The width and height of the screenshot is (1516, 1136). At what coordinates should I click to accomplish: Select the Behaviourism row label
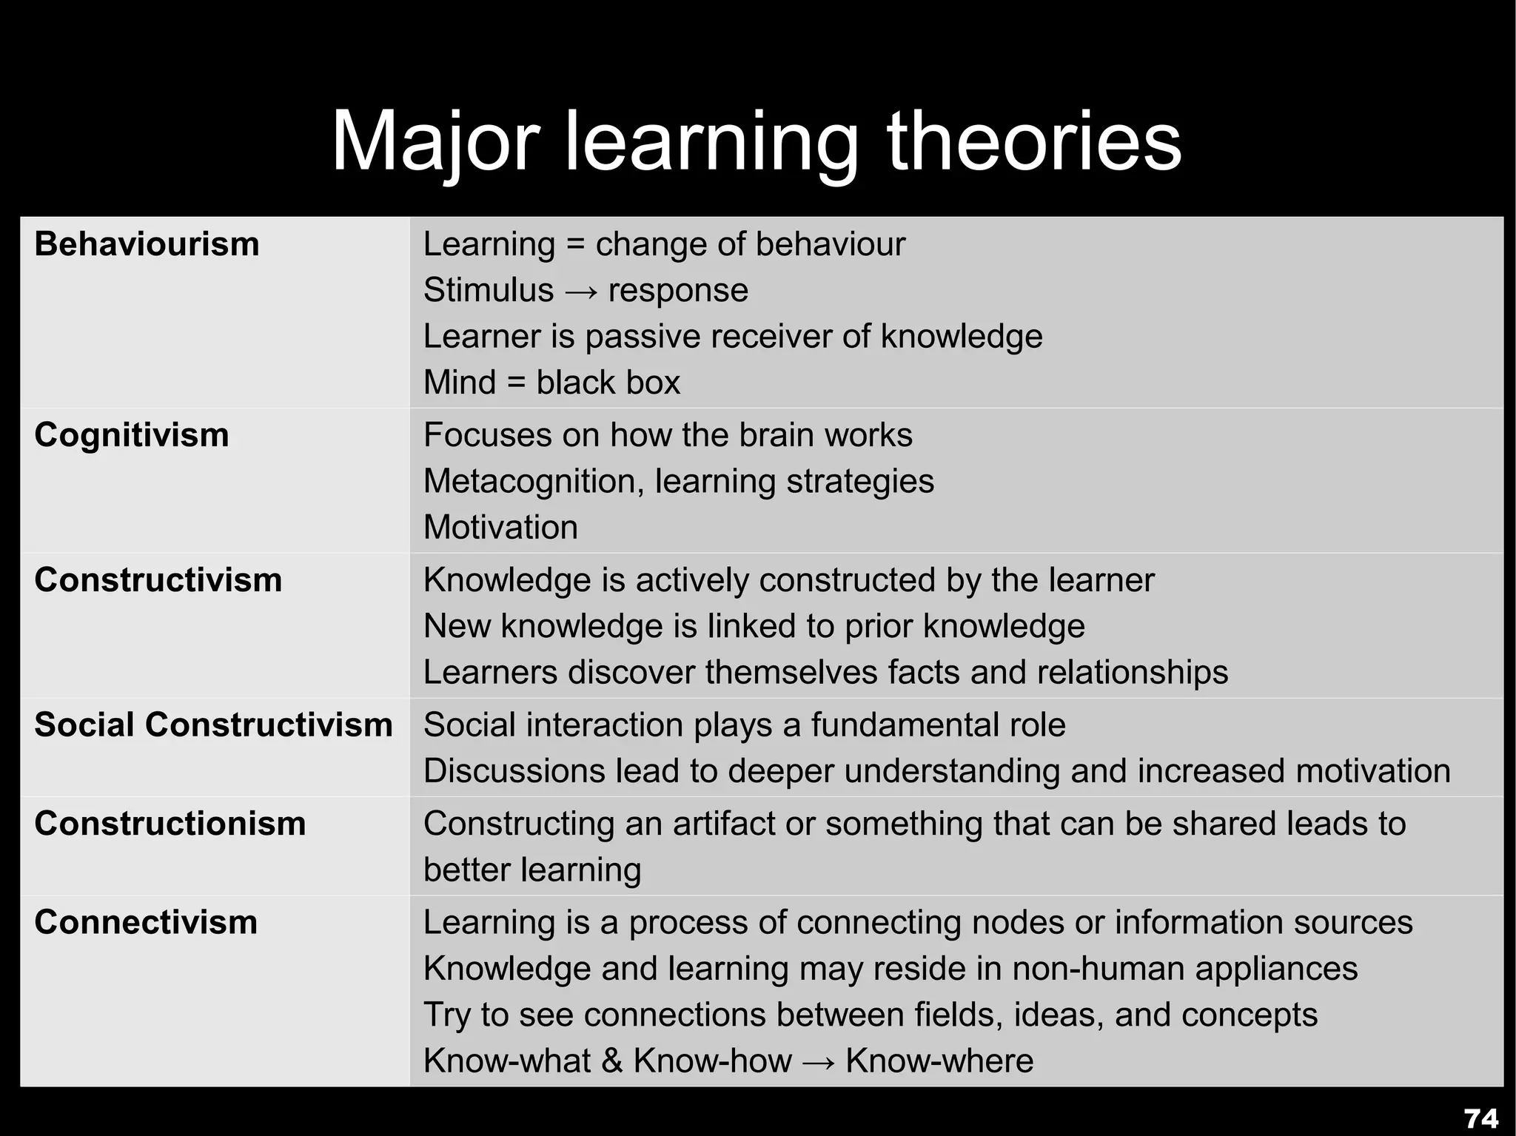(x=147, y=244)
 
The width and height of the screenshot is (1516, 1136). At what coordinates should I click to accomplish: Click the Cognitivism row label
(x=132, y=434)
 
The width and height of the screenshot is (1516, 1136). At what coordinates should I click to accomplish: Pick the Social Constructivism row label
(x=213, y=725)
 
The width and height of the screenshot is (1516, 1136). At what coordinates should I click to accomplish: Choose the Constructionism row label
(x=170, y=824)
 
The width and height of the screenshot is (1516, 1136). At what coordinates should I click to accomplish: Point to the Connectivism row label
(x=146, y=922)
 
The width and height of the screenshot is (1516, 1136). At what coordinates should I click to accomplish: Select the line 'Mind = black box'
(x=551, y=383)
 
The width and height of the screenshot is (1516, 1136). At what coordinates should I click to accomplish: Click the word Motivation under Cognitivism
(x=500, y=528)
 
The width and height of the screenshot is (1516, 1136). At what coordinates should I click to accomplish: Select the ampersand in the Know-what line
(x=611, y=1061)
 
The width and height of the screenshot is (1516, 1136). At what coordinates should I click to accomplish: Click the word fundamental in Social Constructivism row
(x=938, y=725)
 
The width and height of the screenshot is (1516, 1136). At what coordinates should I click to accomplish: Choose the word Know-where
(x=939, y=1061)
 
